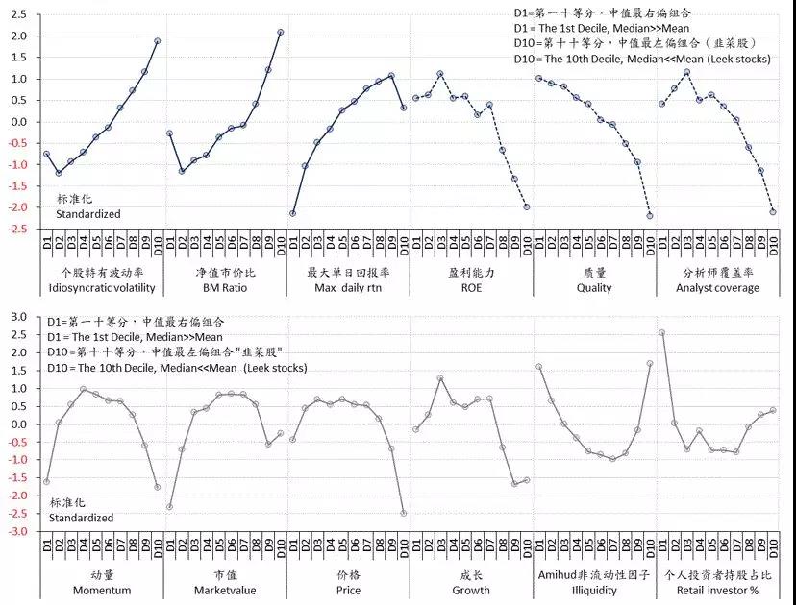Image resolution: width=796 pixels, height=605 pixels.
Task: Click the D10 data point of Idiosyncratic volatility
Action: coord(157,41)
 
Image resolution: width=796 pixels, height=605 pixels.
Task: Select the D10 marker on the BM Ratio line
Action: coord(280,32)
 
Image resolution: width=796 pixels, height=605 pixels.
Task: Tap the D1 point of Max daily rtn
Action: coord(292,213)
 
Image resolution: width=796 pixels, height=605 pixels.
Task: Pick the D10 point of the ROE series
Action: coord(526,207)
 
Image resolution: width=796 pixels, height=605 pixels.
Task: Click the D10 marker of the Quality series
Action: coord(649,217)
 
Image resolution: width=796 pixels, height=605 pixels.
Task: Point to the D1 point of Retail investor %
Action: coord(661,333)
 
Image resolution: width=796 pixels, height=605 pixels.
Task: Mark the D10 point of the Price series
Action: coord(403,514)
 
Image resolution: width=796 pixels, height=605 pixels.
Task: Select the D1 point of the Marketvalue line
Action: coord(169,507)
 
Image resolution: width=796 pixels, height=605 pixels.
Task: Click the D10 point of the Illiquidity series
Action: coord(649,363)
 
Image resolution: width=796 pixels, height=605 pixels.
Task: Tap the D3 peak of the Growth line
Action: coord(439,378)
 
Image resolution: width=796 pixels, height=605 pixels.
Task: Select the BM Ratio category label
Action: coord(224,287)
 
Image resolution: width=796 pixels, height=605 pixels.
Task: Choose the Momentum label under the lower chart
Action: coord(101,591)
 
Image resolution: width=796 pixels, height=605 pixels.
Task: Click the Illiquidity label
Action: coord(593,591)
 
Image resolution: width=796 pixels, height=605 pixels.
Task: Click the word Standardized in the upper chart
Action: coord(87,214)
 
